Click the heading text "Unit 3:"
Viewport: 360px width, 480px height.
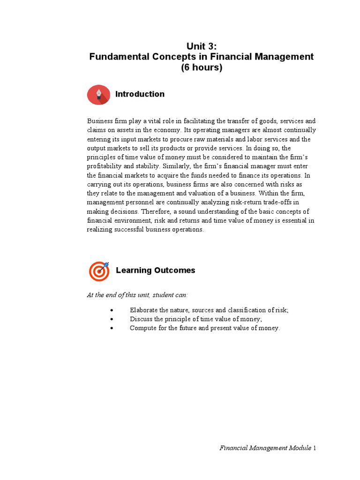tap(202, 46)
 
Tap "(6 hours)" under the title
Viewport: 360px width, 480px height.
tap(202, 67)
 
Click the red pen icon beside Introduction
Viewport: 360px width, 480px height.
tap(99, 95)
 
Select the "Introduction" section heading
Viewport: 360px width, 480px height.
tap(140, 94)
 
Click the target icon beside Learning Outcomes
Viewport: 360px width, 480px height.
tap(99, 271)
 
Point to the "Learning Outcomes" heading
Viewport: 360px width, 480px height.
tap(155, 270)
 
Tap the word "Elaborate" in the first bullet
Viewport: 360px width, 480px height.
tap(144, 310)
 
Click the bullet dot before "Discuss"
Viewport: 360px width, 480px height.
tap(112, 319)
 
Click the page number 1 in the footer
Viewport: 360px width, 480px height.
tap(315, 448)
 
